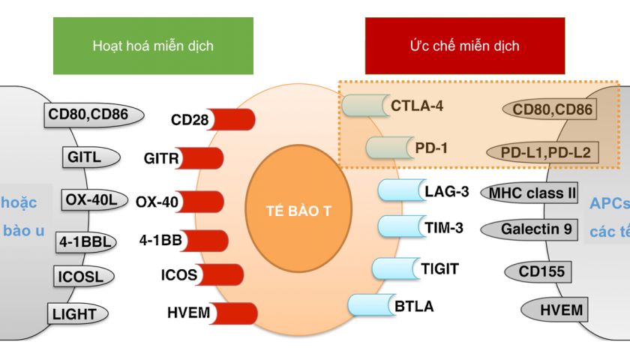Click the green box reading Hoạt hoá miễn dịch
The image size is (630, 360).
coord(153,46)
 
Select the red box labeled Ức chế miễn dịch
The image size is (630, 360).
coord(464,46)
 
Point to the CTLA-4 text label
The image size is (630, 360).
coord(417,106)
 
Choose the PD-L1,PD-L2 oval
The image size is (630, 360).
coord(545,153)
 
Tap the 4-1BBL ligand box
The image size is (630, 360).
coord(86,242)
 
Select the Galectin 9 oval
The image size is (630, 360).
coord(531,229)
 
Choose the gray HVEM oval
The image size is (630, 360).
coord(552,309)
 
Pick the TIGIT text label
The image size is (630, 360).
coord(440,268)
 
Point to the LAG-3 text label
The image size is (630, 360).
coord(446,191)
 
